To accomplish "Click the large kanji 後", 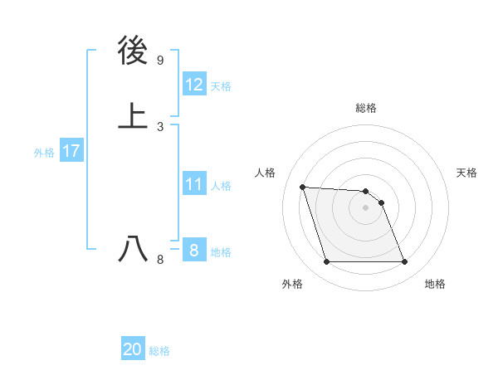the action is (x=134, y=51).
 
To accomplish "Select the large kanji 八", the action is (x=134, y=249).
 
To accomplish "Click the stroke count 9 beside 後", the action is (x=160, y=61).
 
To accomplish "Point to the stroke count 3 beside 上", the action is (x=160, y=127).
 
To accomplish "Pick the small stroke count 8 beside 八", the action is (x=160, y=260).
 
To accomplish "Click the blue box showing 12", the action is (x=193, y=85).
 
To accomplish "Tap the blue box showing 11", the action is (x=193, y=184).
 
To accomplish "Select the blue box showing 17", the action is (x=71, y=151).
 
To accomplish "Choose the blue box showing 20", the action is (x=133, y=350).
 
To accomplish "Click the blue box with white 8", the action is (x=193, y=251).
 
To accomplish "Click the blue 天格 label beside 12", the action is (x=221, y=86).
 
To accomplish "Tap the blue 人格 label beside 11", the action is (x=221, y=186).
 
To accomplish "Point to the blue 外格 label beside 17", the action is (x=44, y=153).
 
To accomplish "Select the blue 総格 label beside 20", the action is (x=159, y=351).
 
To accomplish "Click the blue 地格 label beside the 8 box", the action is (x=221, y=252).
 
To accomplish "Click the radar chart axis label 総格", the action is (x=366, y=108).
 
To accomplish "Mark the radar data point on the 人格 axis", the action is (x=303, y=187).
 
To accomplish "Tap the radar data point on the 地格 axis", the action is (x=404, y=262).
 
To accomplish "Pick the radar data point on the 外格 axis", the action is (x=326, y=262).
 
